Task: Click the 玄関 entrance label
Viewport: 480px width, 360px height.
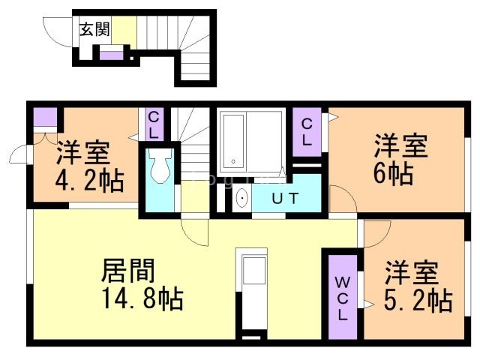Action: tap(95, 30)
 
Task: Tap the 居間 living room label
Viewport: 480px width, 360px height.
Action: tap(128, 269)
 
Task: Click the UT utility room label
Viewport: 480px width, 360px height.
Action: tap(285, 199)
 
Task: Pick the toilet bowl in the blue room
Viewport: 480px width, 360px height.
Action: tap(158, 170)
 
